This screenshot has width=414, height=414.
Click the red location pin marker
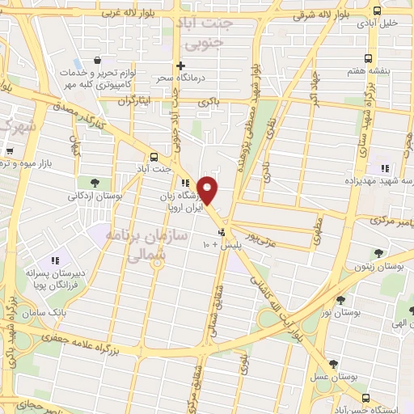(x=208, y=190)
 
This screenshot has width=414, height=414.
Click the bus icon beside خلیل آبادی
(x=377, y=10)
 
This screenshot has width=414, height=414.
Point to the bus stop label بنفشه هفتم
(x=391, y=70)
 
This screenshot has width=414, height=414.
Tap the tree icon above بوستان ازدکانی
(x=95, y=183)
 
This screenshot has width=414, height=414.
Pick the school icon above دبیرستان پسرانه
(x=56, y=260)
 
